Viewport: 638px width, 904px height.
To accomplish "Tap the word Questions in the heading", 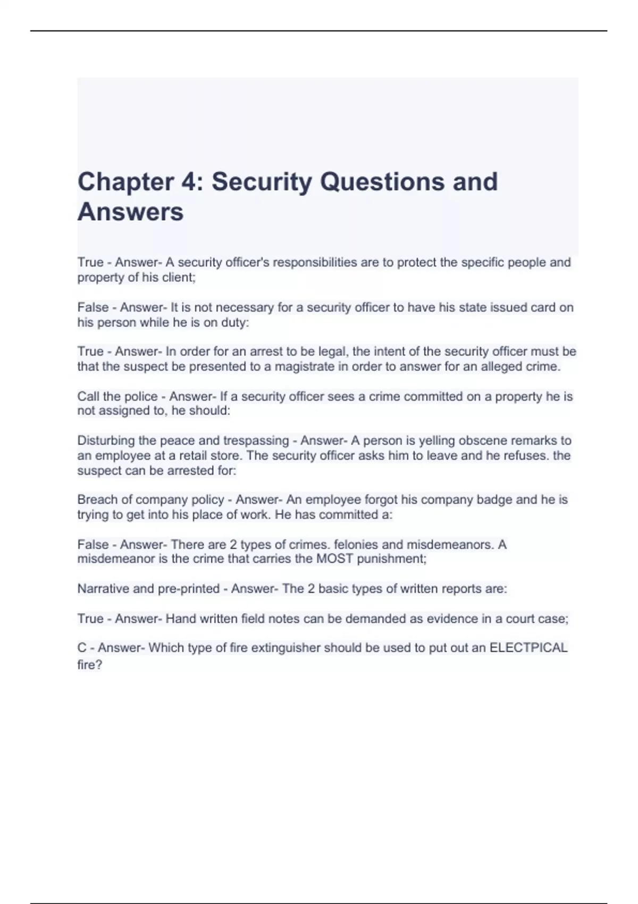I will pyautogui.click(x=382, y=182).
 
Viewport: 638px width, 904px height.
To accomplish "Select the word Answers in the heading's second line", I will pyautogui.click(x=130, y=212).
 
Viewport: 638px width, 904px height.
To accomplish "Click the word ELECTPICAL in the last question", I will pyautogui.click(x=528, y=648).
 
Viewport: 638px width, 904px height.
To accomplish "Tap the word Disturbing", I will pyautogui.click(x=106, y=441).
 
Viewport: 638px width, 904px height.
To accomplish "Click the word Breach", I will pyautogui.click(x=96, y=500).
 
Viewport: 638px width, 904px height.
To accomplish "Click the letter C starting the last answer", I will pyautogui.click(x=82, y=648).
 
